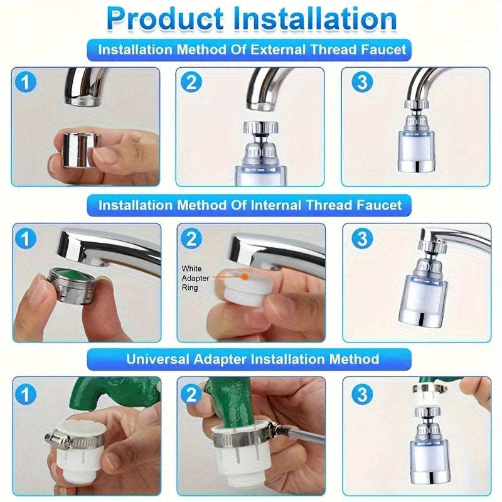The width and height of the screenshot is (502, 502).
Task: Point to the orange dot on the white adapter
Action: pyautogui.click(x=244, y=275)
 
